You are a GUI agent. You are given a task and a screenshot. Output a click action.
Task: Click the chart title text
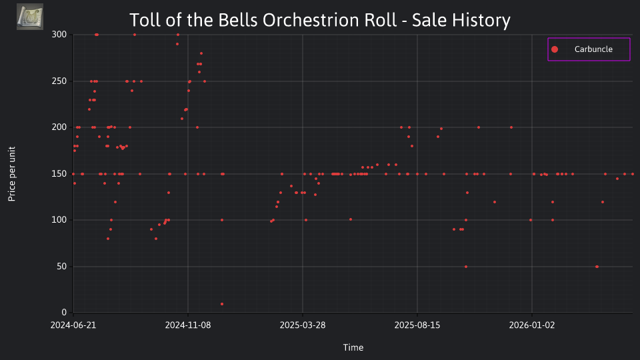319,20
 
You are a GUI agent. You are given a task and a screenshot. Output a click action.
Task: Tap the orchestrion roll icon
30,17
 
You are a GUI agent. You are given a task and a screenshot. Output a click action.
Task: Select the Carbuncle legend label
593,49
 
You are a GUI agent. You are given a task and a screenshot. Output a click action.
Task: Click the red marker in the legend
554,49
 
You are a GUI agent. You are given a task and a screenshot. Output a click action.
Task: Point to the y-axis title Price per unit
12,174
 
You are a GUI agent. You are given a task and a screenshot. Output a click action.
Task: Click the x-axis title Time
353,347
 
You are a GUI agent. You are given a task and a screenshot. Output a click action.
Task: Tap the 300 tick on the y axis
59,35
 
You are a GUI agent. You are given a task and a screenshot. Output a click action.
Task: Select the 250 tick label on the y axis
59,81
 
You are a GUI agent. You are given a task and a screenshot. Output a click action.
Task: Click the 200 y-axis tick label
59,127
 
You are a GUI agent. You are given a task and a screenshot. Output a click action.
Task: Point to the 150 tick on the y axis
59,174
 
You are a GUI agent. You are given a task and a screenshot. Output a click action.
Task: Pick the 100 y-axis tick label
59,220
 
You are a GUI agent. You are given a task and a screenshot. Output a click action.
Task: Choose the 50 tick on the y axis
61,267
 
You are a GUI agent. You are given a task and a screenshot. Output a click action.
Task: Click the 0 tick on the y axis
64,313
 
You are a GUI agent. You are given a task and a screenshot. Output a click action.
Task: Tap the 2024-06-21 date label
73,325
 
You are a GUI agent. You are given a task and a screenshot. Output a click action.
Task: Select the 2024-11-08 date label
188,325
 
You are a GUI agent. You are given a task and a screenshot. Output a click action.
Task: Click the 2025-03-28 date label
303,325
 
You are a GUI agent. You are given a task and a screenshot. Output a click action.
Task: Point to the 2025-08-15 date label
417,325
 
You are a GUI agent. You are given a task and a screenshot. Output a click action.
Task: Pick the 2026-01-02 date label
532,325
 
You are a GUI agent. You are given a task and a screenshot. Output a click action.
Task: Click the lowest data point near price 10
221,304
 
